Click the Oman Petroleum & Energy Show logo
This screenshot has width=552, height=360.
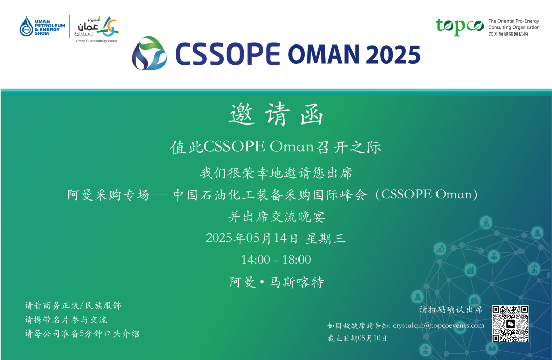[42, 27]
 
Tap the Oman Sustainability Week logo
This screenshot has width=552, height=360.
[96, 29]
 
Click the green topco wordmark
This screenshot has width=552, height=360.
[459, 27]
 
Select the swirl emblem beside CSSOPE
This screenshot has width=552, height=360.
[149, 53]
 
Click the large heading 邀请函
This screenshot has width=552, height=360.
[276, 114]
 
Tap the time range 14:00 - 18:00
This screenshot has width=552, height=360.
[276, 260]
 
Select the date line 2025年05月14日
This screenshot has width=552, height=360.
[251, 238]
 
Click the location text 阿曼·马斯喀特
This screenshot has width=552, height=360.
[277, 282]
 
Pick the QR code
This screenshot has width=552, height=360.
[510, 324]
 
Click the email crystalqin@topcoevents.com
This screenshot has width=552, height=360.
[439, 325]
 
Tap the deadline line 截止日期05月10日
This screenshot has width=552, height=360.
[357, 338]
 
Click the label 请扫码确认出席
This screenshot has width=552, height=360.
[451, 310]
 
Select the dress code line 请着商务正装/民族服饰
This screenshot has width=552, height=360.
[73, 305]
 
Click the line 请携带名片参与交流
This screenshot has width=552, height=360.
[66, 320]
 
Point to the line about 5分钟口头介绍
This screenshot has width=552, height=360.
[82, 333]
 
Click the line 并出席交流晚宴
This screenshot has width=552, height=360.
[277, 217]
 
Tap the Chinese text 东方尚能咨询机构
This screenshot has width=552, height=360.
[508, 34]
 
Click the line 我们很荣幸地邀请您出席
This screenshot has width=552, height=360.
[277, 173]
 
